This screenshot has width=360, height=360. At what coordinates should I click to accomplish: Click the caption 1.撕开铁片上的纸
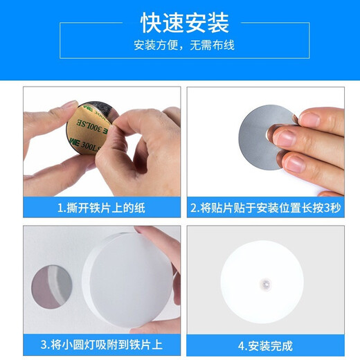[x=102, y=207]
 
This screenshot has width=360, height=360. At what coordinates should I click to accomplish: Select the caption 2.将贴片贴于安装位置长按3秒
[x=265, y=207]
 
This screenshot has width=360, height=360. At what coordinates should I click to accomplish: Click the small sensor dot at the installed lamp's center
[x=264, y=283]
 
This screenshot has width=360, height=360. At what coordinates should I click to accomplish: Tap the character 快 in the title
[x=152, y=24]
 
